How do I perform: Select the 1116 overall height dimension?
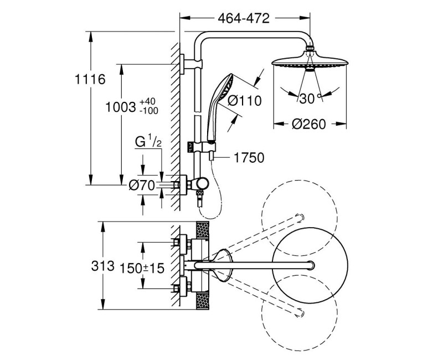[90, 79]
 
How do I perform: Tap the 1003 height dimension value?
[121, 107]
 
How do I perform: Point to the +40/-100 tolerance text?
[148, 106]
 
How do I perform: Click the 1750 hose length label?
[249, 158]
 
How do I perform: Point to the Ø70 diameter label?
[141, 186]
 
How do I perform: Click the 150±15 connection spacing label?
[143, 268]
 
